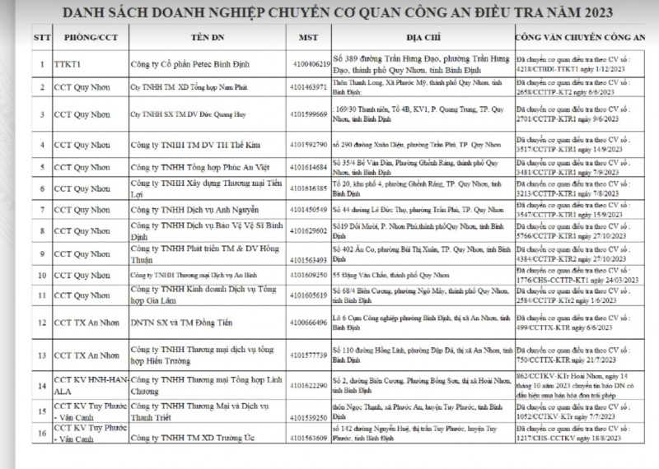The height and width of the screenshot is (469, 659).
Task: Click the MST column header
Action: click(310, 39)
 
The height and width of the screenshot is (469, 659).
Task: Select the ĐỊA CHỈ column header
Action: click(422, 39)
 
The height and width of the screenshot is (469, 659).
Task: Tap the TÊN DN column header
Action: click(210, 39)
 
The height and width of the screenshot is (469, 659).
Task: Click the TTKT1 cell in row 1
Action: click(71, 63)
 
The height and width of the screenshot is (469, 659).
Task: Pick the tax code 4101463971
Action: click(311, 86)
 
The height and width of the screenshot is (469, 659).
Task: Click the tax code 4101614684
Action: click(311, 168)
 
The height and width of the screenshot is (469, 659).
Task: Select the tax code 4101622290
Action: click(311, 386)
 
